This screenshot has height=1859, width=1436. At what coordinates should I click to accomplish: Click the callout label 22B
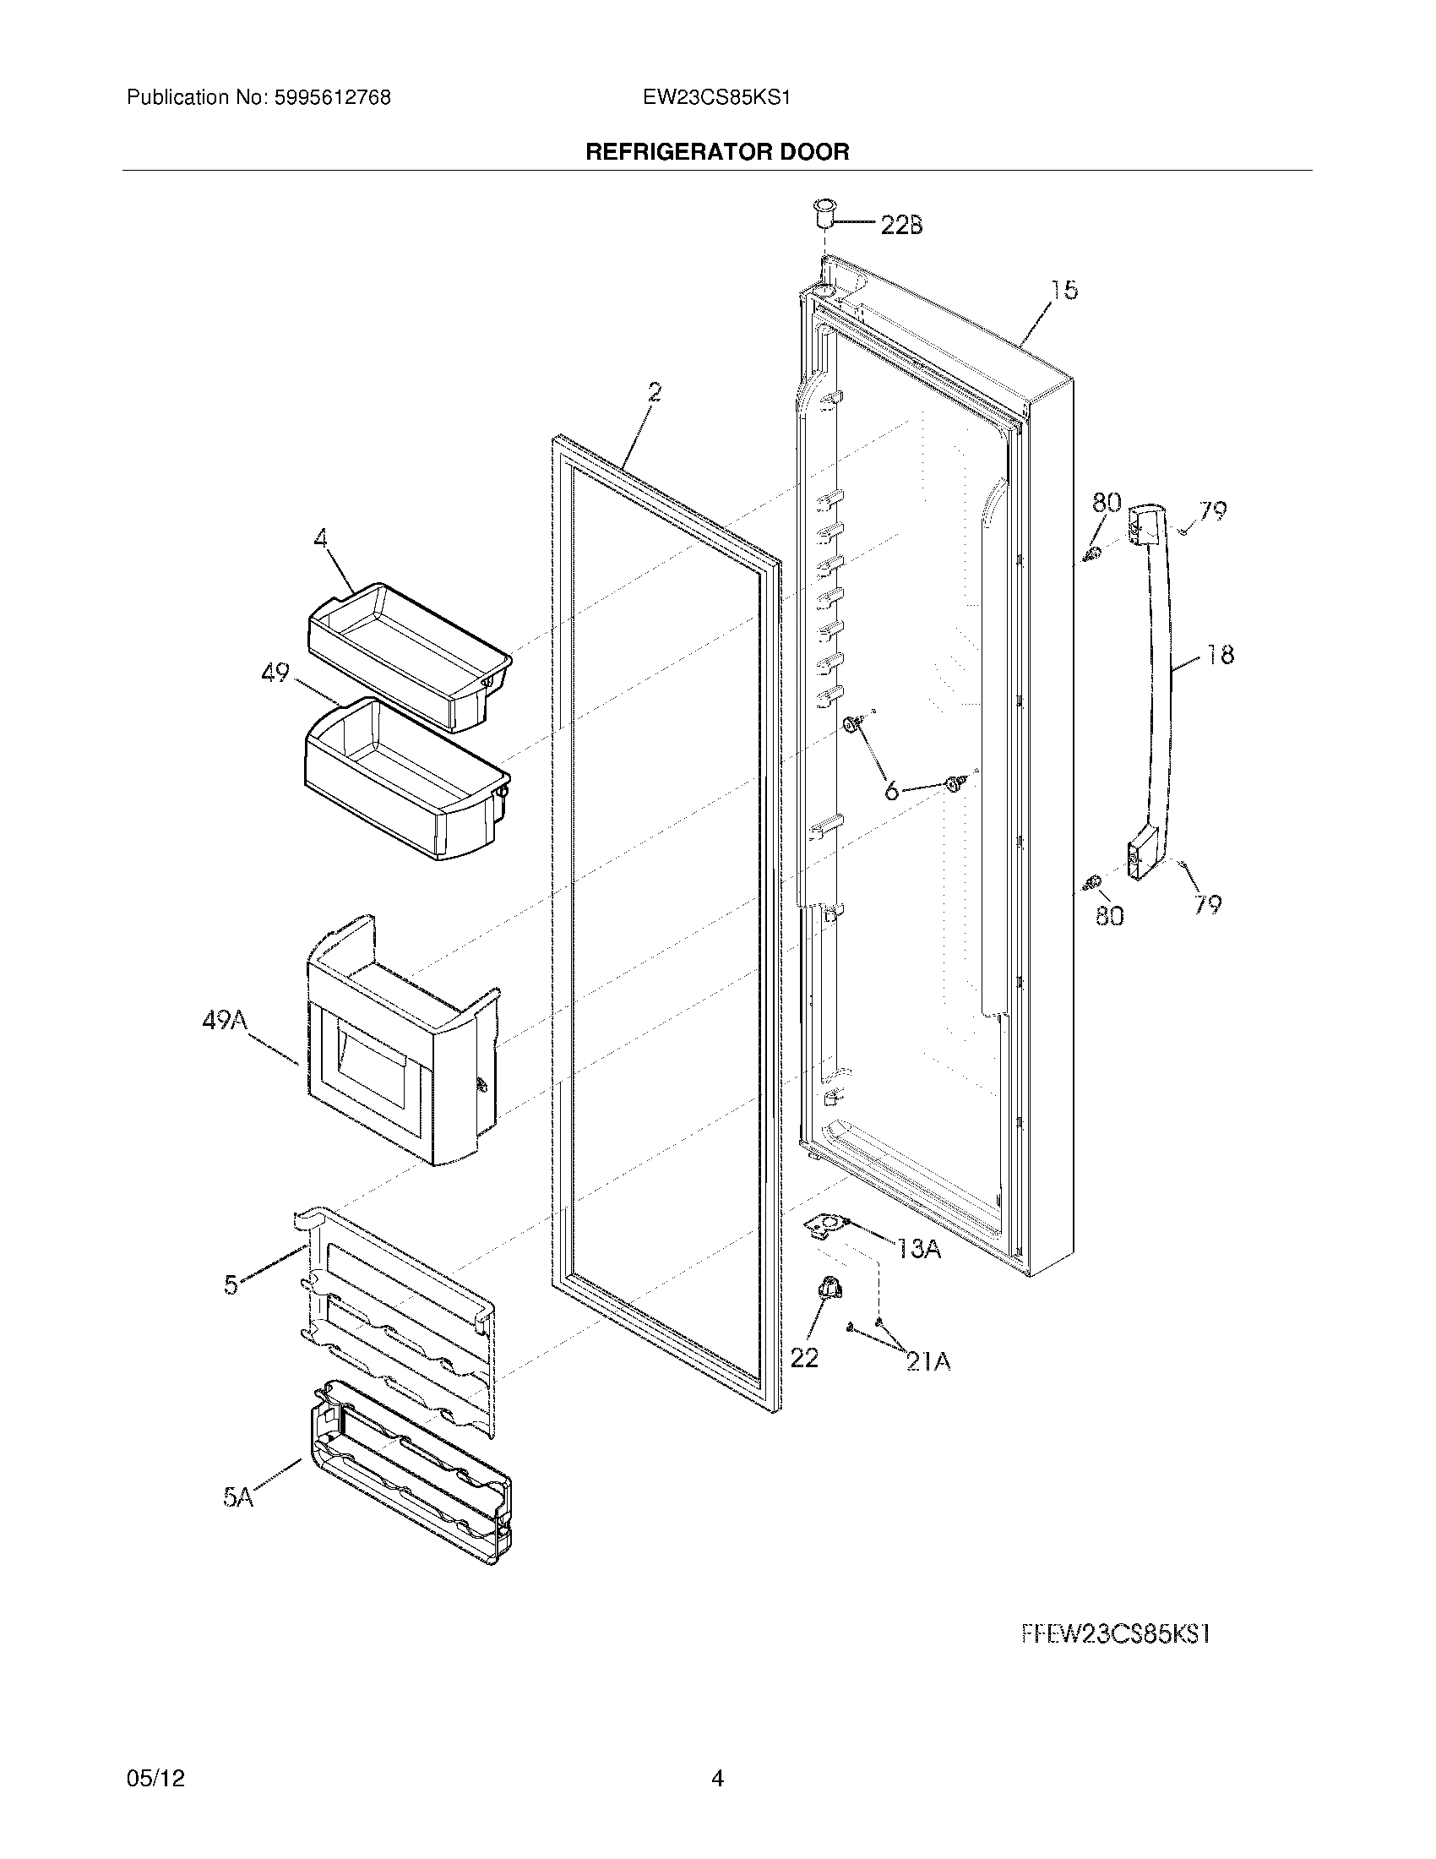(901, 225)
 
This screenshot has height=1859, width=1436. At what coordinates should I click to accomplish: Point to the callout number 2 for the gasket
(653, 392)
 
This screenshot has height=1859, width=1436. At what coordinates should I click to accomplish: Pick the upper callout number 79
(1212, 511)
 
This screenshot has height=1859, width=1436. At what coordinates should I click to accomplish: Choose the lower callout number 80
(1109, 917)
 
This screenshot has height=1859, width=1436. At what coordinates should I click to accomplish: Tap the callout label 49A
(225, 1020)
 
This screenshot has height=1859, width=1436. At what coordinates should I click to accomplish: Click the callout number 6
(890, 792)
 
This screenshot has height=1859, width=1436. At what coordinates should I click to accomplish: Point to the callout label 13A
(918, 1250)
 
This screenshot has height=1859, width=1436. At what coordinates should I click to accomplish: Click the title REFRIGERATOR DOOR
(717, 152)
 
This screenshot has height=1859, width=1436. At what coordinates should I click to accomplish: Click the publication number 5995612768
(333, 98)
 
